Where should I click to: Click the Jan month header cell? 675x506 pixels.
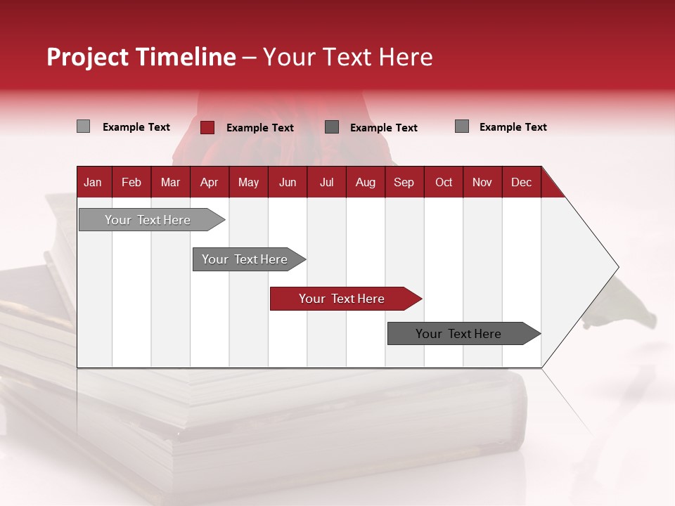tap(94, 182)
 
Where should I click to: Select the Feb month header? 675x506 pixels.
tap(131, 182)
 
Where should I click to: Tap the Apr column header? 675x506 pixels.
tap(210, 182)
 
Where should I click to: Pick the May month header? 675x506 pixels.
tap(248, 182)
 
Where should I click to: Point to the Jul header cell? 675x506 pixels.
tap(326, 182)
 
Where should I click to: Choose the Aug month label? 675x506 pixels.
tap(366, 182)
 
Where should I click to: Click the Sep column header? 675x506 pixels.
tap(404, 182)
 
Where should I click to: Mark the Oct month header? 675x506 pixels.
tap(444, 182)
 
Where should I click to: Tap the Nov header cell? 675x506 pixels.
tap(482, 182)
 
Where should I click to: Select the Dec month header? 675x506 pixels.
tap(522, 182)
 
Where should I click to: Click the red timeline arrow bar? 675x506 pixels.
tap(345, 299)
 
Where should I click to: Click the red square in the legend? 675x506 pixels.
tap(207, 127)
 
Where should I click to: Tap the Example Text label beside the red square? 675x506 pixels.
tap(260, 128)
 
